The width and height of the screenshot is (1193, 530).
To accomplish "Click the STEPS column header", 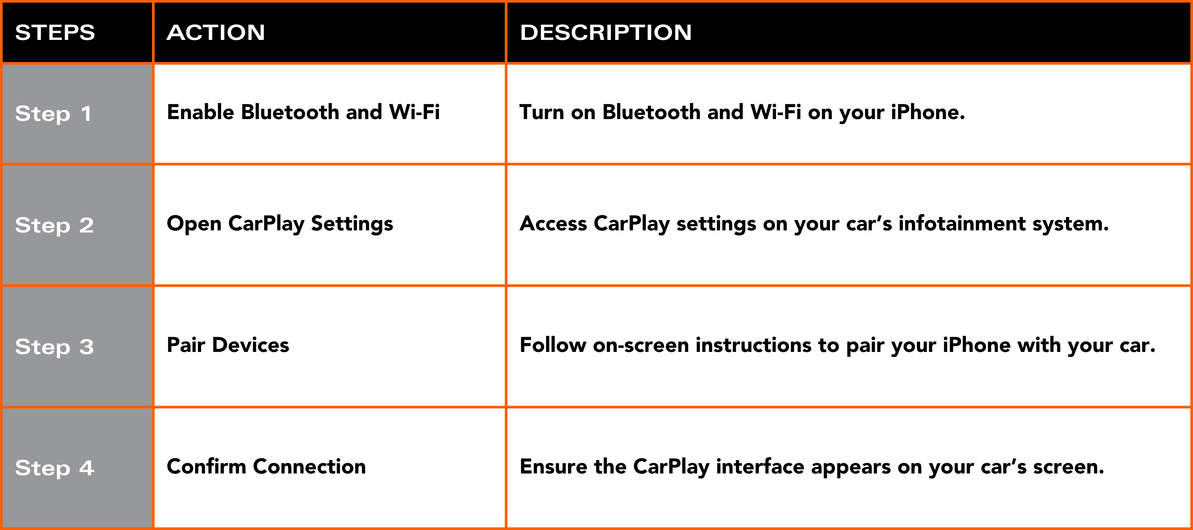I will tap(55, 33).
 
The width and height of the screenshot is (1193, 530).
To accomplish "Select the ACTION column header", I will tap(216, 33).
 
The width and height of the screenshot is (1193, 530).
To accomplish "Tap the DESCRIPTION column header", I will tap(606, 33).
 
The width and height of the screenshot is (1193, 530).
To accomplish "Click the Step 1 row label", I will tap(53, 114).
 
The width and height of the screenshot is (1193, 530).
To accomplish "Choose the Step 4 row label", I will tap(55, 468).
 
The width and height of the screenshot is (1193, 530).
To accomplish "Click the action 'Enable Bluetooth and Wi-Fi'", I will tap(303, 112).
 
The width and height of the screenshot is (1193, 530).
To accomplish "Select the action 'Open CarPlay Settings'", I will tap(280, 224).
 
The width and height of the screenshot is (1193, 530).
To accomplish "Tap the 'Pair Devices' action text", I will tap(228, 345).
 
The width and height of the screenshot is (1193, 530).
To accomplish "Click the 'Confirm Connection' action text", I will tap(266, 467).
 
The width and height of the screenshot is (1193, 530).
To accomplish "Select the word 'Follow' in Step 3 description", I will tap(552, 345).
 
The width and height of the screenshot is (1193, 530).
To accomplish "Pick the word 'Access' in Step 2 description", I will tap(554, 224).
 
